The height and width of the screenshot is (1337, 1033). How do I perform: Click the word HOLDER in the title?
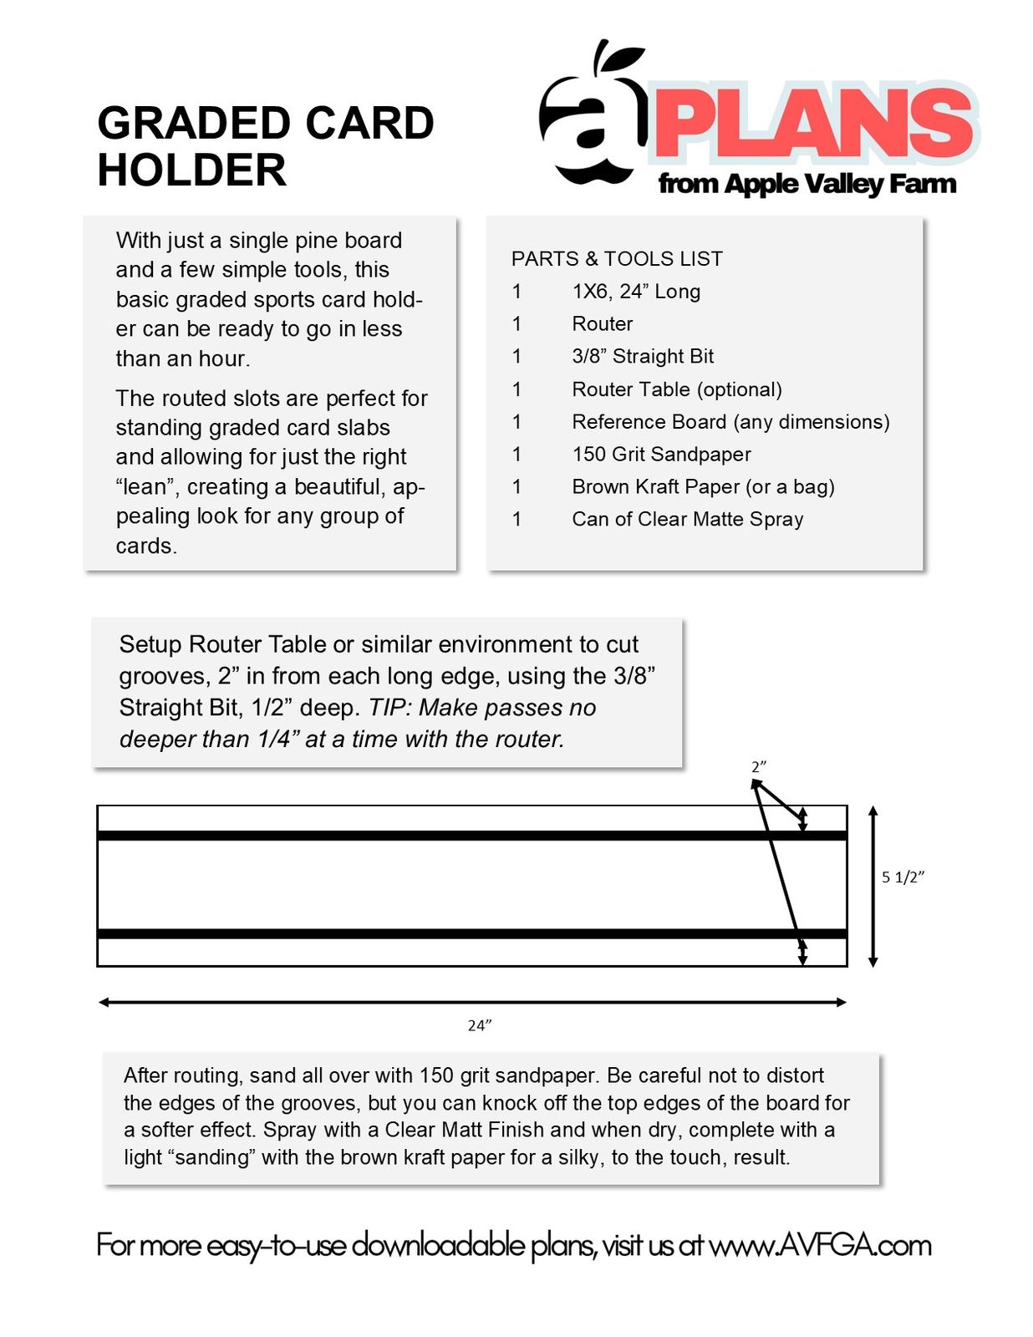click(191, 170)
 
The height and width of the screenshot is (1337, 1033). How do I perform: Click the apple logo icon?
click(593, 117)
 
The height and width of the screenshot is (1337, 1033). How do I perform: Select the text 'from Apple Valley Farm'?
click(807, 184)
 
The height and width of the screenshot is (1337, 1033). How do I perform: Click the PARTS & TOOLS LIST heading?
click(617, 259)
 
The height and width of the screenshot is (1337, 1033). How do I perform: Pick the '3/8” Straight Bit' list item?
click(643, 356)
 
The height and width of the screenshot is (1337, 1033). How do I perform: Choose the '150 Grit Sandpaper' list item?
click(661, 454)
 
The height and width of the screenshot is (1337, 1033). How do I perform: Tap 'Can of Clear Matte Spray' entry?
click(687, 519)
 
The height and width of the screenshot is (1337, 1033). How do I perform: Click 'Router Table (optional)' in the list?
click(677, 389)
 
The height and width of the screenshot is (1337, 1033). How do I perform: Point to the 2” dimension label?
click(758, 766)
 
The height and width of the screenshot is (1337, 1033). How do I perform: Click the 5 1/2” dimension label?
click(903, 877)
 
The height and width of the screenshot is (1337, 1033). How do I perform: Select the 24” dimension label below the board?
click(479, 1025)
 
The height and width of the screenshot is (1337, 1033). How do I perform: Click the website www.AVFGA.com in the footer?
click(819, 1245)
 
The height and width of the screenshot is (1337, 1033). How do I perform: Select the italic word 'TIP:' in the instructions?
click(390, 708)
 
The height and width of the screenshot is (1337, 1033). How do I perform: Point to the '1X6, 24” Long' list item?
click(636, 292)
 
